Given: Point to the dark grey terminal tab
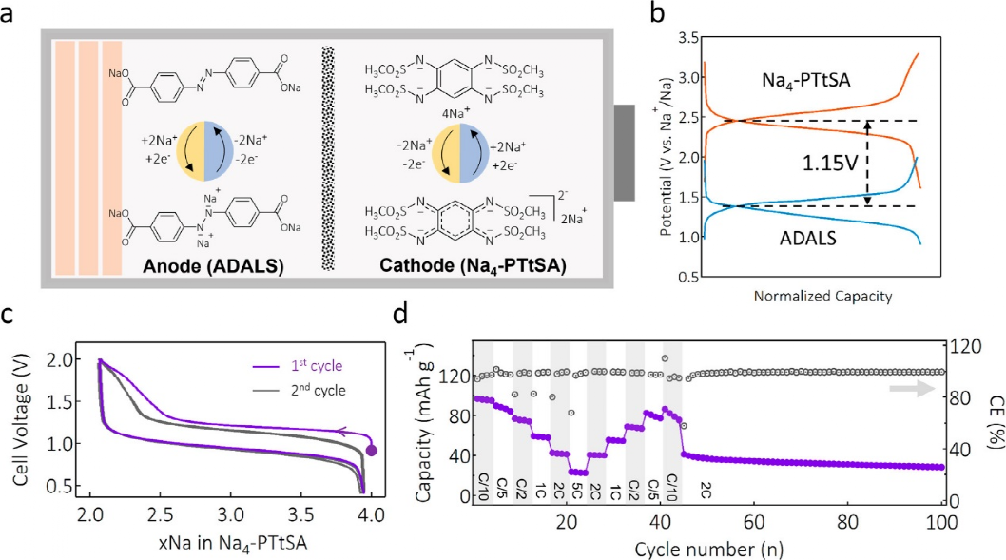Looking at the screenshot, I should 624,153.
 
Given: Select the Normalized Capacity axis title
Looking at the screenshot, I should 822,297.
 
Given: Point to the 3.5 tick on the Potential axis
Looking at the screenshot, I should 687,37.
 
